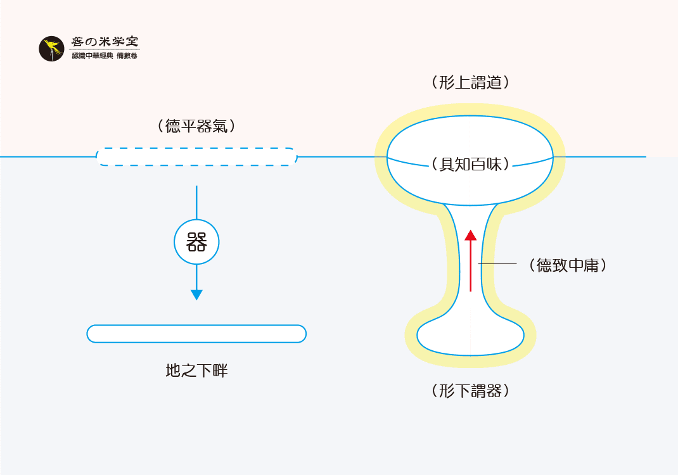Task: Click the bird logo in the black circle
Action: point(52,49)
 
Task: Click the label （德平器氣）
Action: point(196,126)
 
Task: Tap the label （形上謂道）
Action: point(470,82)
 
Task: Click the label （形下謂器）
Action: point(470,391)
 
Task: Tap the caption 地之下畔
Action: point(196,371)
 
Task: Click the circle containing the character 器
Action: point(196,243)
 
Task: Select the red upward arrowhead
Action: point(470,236)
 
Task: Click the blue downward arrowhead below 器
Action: point(196,294)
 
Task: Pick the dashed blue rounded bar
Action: point(196,156)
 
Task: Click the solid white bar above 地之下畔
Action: point(196,334)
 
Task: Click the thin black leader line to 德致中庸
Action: point(498,263)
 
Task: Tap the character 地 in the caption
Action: point(173,371)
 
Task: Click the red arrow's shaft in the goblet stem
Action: point(470,266)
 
